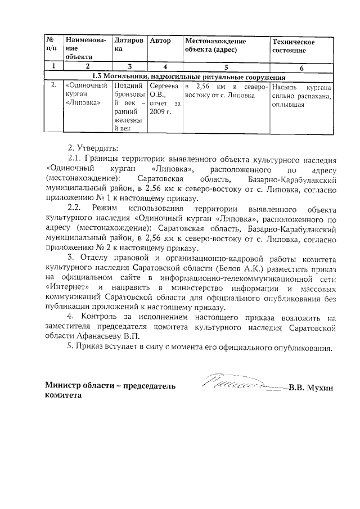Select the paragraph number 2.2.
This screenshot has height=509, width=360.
76,209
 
